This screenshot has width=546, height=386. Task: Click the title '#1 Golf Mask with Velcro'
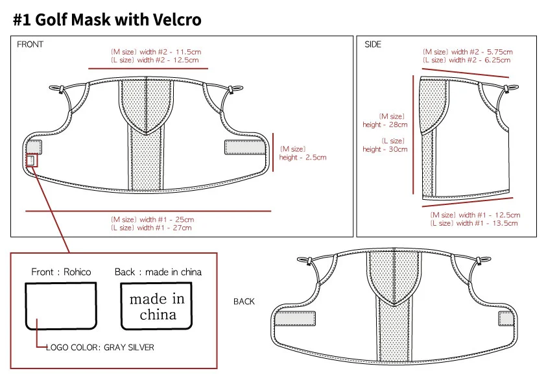pyautogui.click(x=107, y=20)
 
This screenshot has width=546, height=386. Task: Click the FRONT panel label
pyautogui.click(x=30, y=45)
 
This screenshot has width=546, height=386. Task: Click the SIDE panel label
pyautogui.click(x=373, y=45)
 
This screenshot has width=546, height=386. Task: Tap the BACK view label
pyautogui.click(x=244, y=302)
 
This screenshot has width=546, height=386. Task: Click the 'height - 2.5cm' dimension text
pyautogui.click(x=303, y=157)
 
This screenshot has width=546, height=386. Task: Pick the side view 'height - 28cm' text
pyautogui.click(x=385, y=125)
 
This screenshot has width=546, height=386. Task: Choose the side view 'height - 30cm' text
pyautogui.click(x=385, y=149)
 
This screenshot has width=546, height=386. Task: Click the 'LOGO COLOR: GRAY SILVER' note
pyautogui.click(x=100, y=348)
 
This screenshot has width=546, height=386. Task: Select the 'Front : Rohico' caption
pyautogui.click(x=61, y=272)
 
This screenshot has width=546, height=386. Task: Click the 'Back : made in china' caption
pyautogui.click(x=158, y=272)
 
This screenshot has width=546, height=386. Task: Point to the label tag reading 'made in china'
pyautogui.click(x=157, y=306)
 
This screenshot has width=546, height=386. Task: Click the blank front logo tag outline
pyautogui.click(x=60, y=306)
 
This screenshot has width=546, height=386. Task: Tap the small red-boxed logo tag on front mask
pyautogui.click(x=32, y=160)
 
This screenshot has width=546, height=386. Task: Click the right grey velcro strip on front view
pyautogui.click(x=245, y=147)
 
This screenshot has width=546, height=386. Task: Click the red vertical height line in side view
pyautogui.click(x=413, y=134)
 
